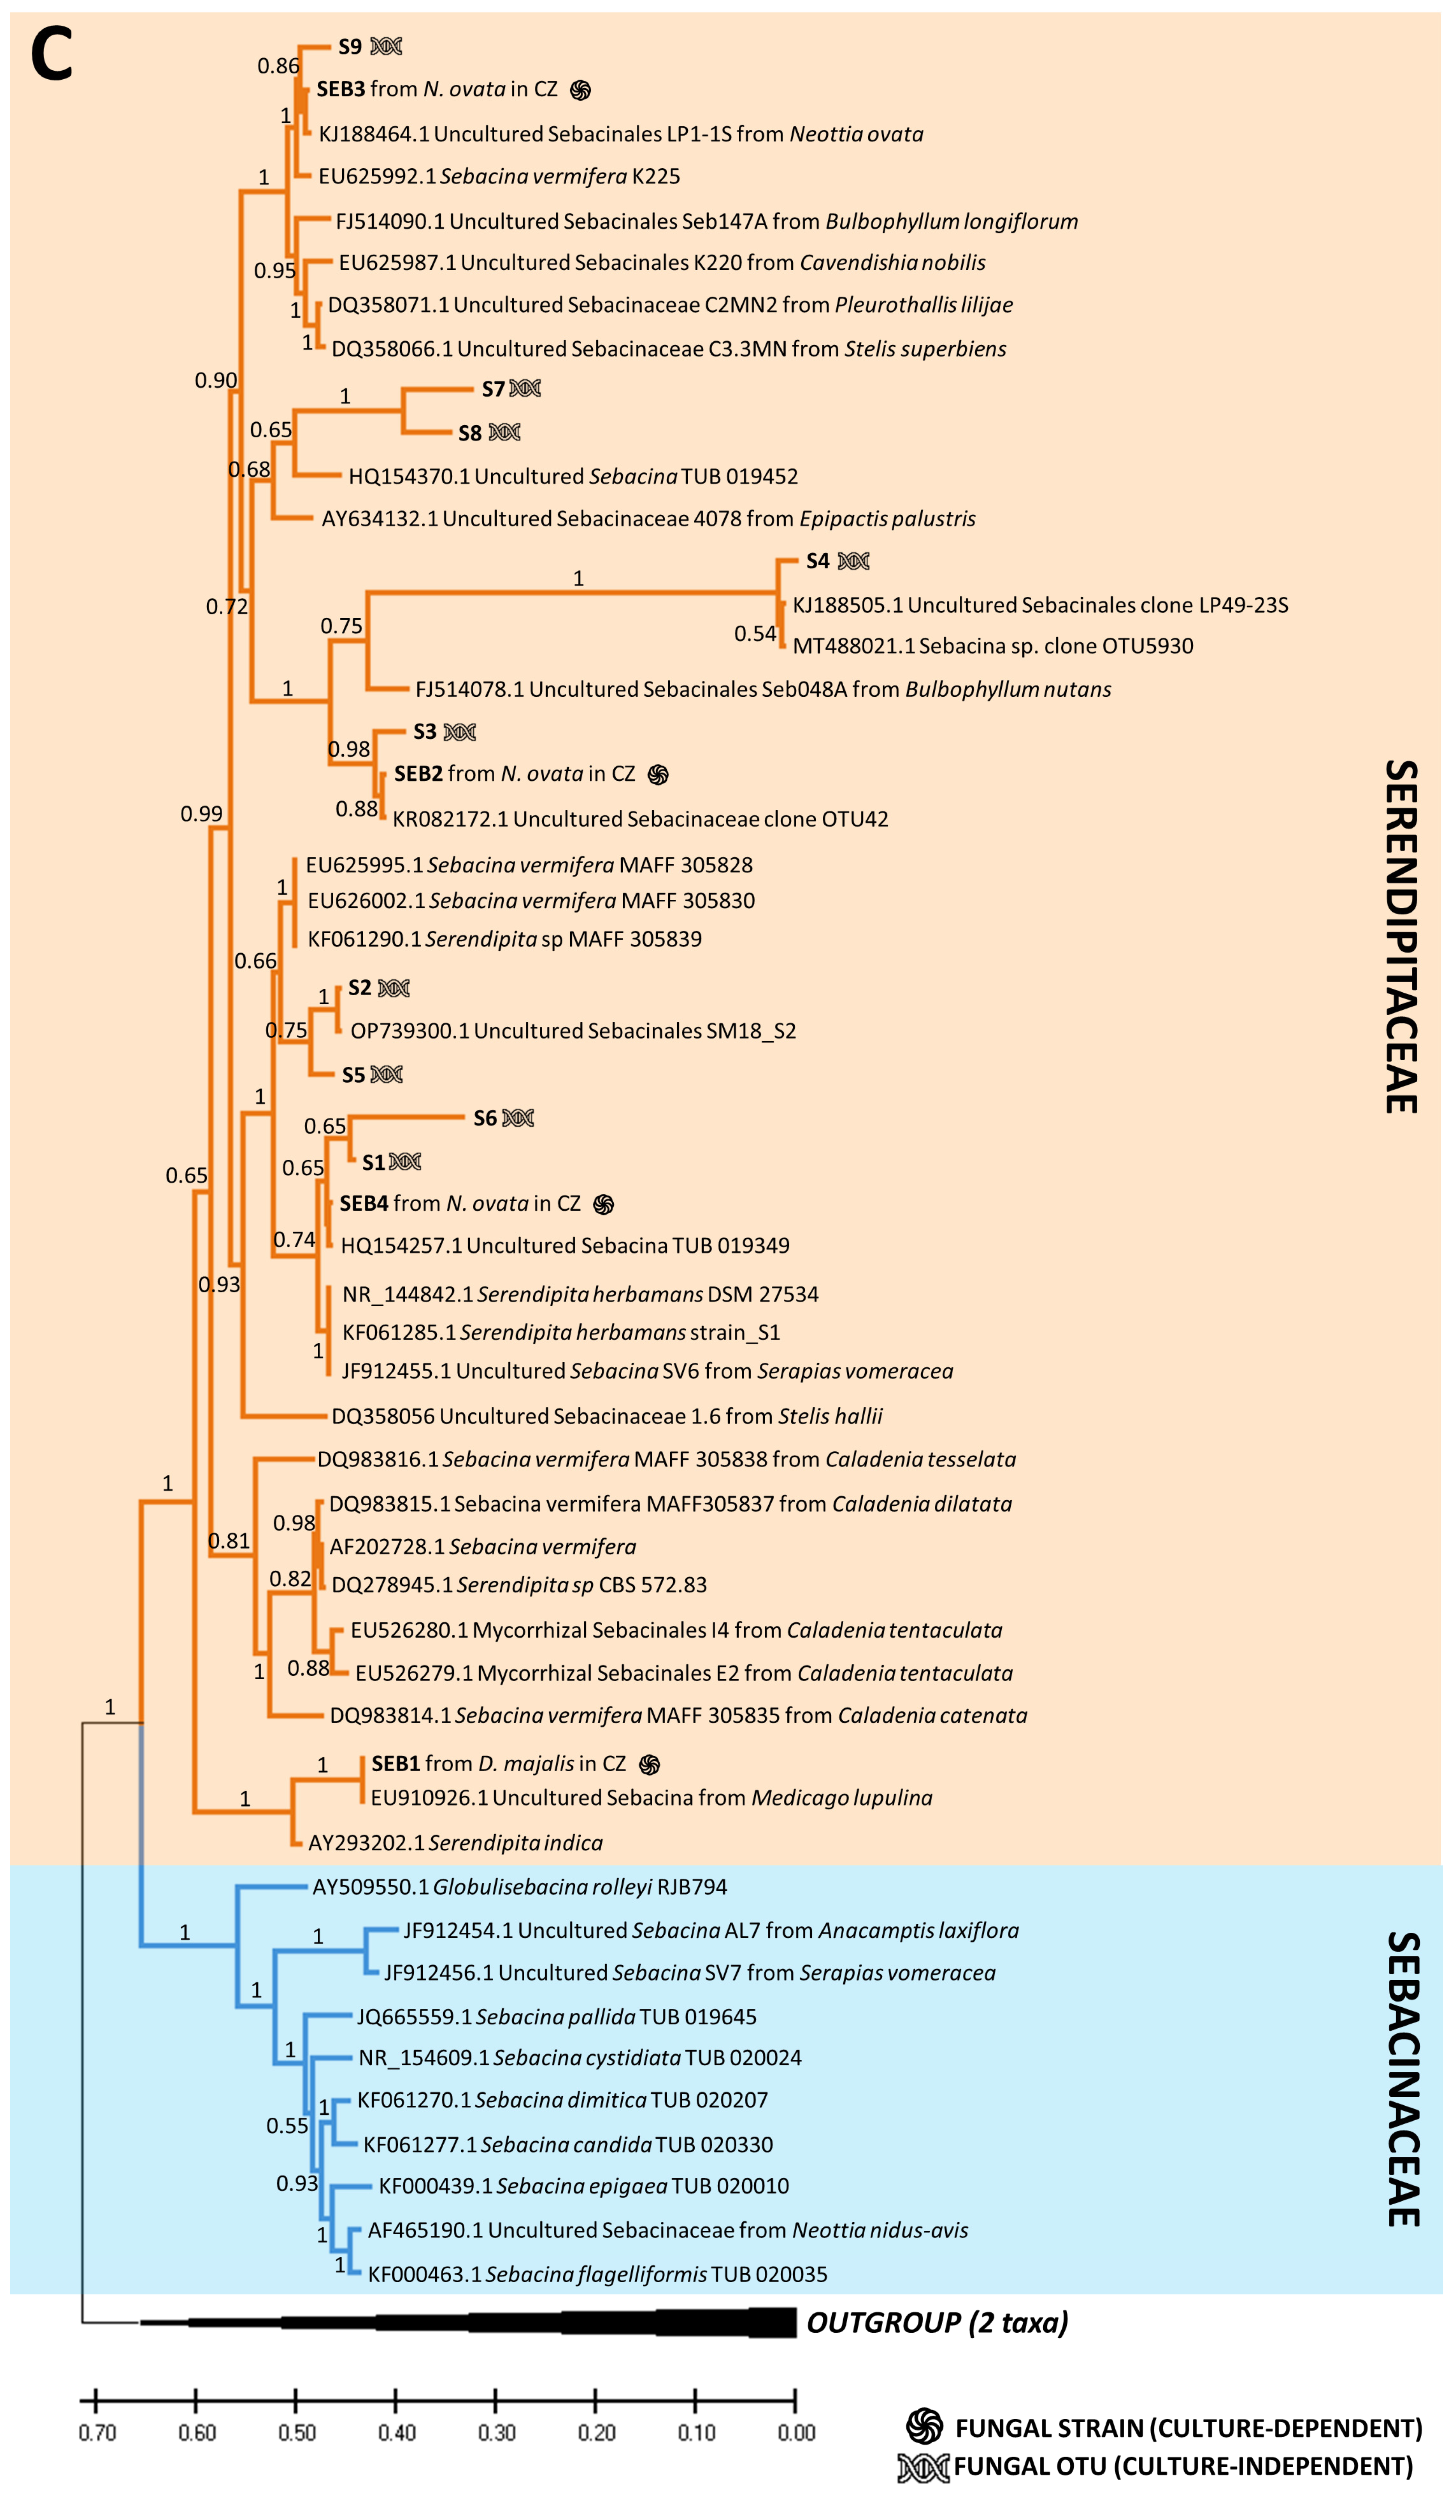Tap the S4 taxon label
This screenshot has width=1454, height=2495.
[817, 561]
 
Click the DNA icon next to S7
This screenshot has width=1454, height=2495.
[525, 389]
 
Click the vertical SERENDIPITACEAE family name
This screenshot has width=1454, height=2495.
[1400, 936]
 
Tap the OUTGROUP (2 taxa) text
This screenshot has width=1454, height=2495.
[937, 2323]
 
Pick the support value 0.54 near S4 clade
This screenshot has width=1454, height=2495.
[755, 634]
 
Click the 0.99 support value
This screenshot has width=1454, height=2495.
[201, 814]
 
